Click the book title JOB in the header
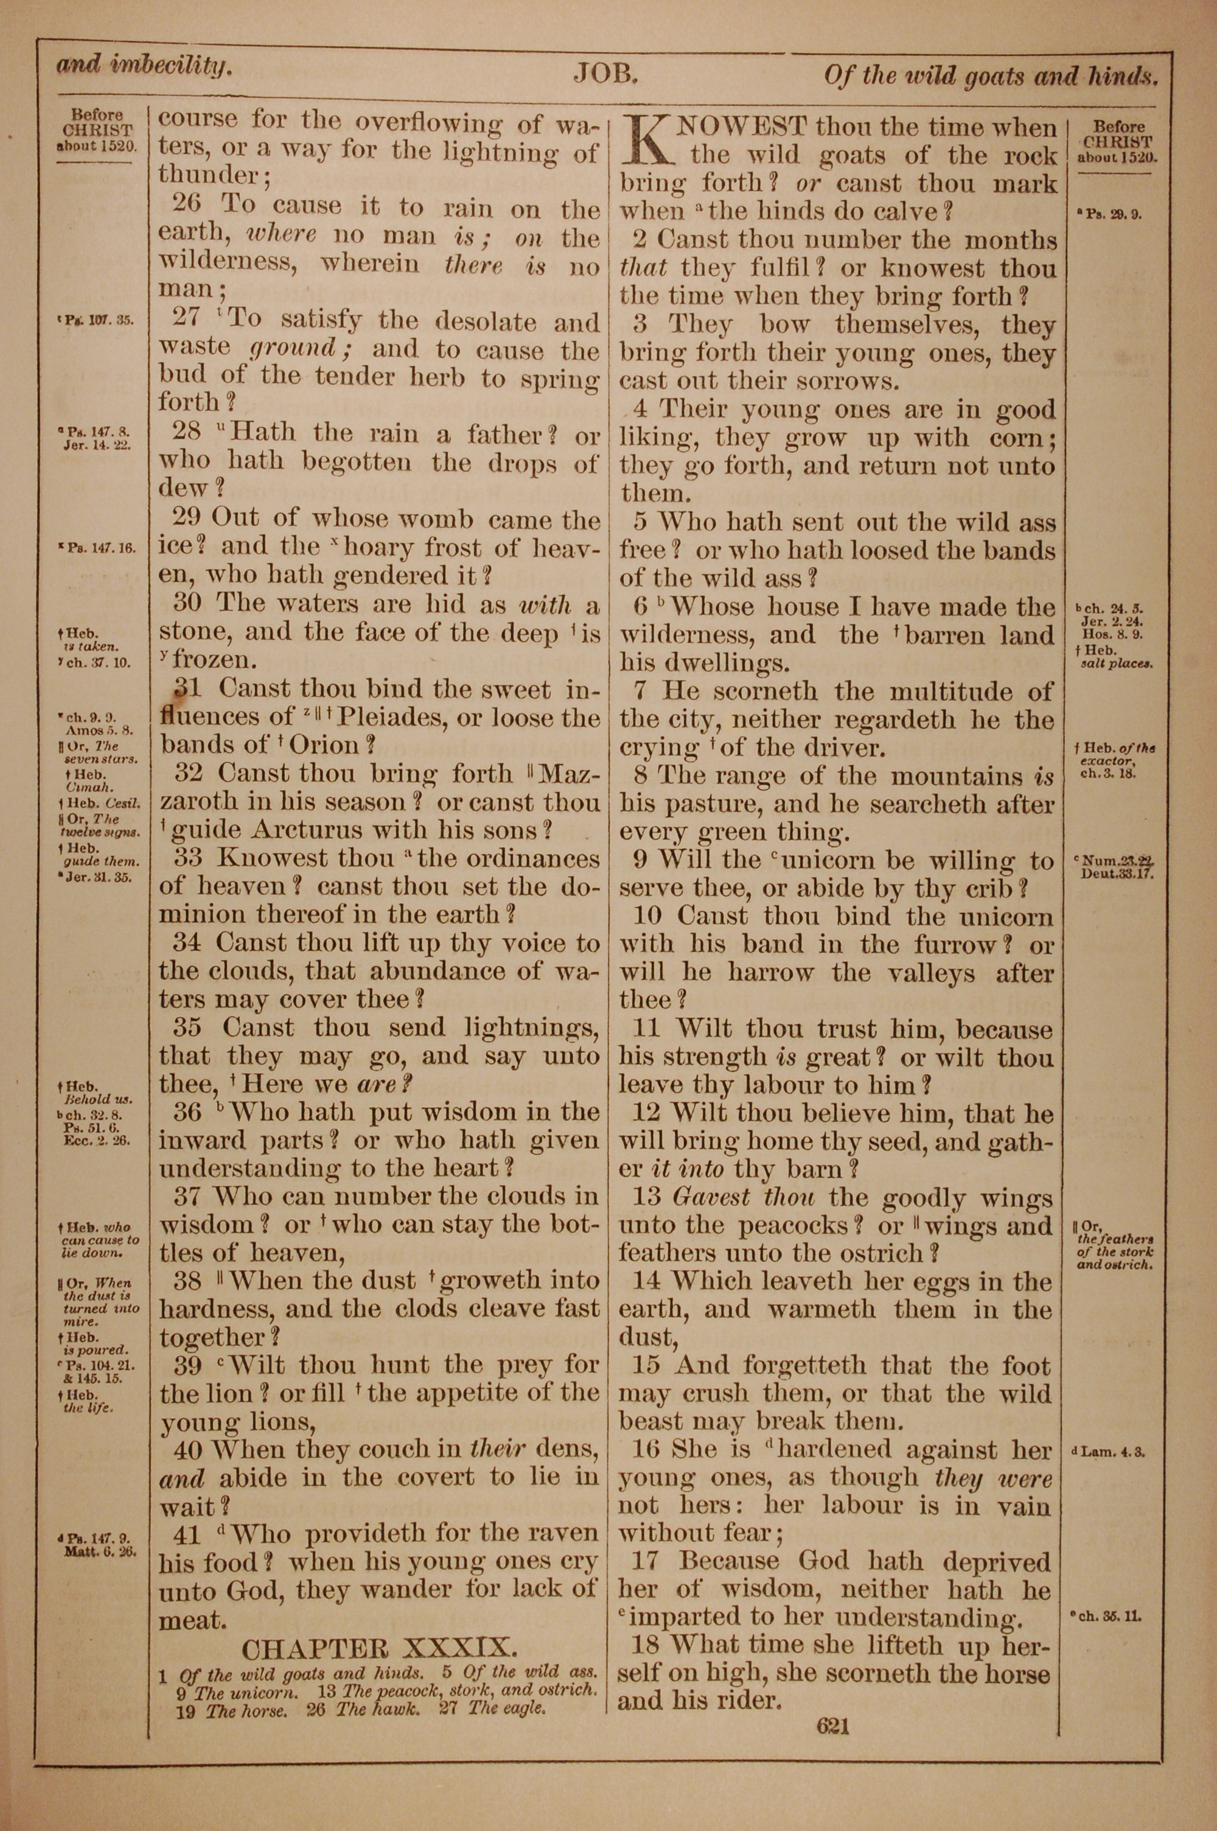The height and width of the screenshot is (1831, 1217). click(605, 74)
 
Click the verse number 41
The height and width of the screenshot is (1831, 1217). click(187, 1535)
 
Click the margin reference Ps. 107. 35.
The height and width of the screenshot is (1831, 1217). click(97, 320)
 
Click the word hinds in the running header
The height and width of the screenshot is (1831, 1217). click(1120, 76)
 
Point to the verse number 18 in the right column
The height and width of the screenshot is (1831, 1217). click(646, 1645)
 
